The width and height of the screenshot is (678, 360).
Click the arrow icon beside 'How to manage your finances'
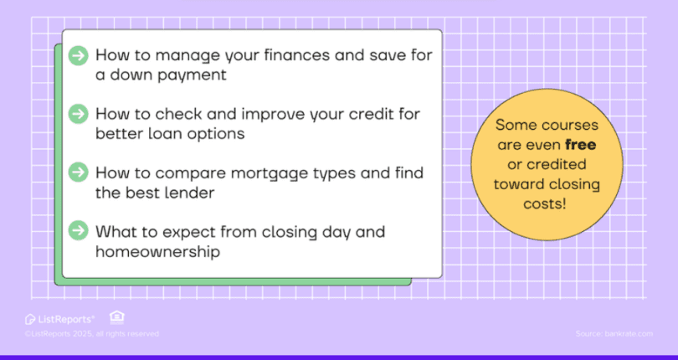[x=78, y=56]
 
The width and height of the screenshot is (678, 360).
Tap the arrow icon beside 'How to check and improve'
[x=78, y=114]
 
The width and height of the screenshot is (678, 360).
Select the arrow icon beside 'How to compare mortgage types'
[x=78, y=172]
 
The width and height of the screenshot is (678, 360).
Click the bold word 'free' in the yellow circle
[x=580, y=145]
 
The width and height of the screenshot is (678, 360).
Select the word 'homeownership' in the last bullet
[x=157, y=250]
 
